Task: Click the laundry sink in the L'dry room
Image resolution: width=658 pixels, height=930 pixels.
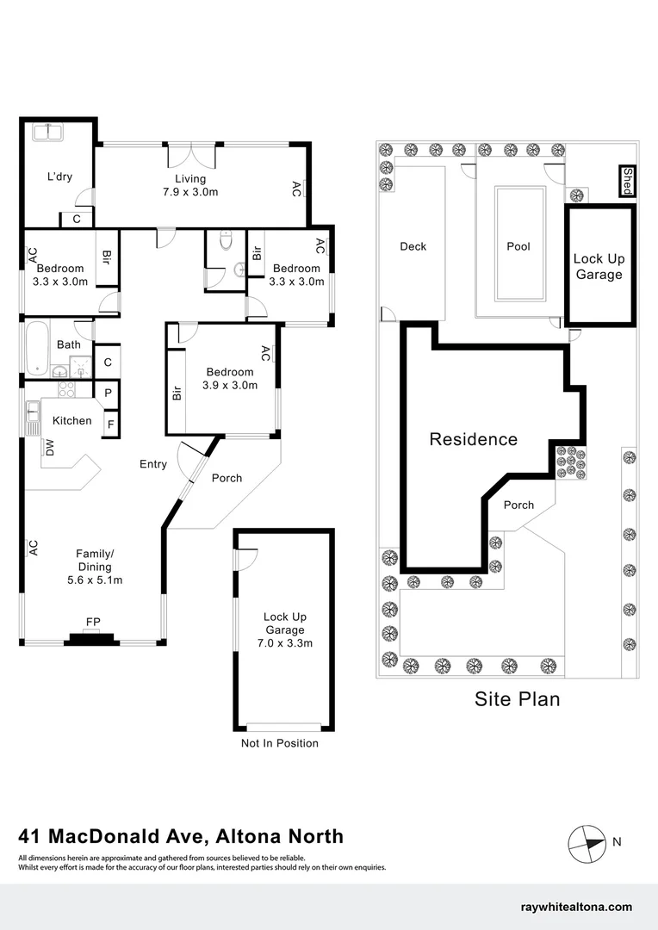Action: click(47, 133)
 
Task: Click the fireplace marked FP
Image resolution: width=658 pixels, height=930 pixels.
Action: click(91, 636)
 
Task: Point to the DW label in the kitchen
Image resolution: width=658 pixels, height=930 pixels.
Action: click(49, 447)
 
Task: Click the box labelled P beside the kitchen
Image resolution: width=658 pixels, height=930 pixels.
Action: click(109, 393)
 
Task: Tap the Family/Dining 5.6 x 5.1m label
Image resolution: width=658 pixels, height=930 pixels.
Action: click(94, 567)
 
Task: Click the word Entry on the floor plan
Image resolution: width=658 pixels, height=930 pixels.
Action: click(153, 464)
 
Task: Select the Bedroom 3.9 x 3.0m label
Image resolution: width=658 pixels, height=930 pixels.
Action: click(230, 378)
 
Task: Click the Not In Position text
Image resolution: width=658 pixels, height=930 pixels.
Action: click(280, 743)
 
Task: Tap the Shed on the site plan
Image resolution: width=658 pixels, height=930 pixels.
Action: click(627, 181)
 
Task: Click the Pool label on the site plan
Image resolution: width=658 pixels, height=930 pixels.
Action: click(518, 246)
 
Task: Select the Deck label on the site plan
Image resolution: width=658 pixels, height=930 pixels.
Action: click(413, 246)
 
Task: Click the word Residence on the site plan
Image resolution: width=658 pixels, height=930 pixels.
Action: click(474, 439)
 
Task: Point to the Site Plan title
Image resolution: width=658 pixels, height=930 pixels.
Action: click(517, 698)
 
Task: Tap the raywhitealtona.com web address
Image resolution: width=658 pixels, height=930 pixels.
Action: click(577, 907)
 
